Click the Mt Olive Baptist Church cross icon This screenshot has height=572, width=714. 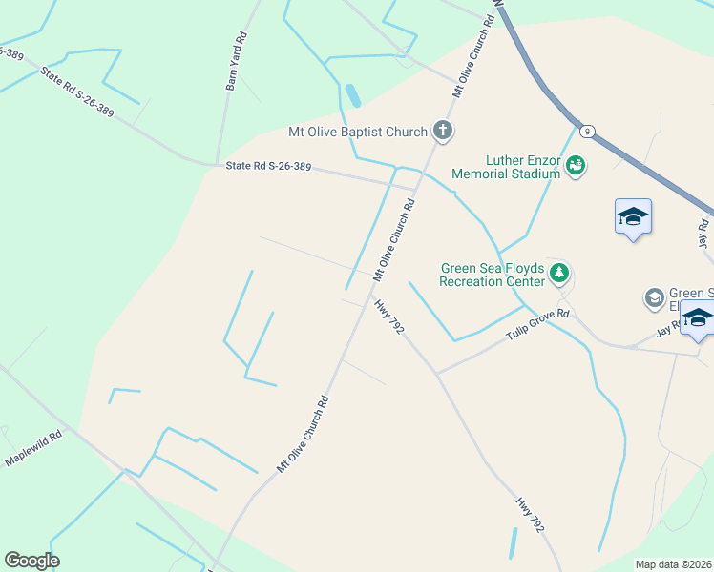click(x=442, y=131)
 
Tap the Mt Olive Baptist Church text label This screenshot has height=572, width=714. click(x=358, y=132)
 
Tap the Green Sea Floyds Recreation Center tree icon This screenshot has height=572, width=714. click(x=559, y=275)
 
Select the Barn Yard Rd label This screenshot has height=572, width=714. click(x=237, y=62)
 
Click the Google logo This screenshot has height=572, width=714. click(x=31, y=561)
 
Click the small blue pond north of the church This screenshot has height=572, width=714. click(x=353, y=95)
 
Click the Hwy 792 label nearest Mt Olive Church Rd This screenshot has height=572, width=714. click(x=389, y=317)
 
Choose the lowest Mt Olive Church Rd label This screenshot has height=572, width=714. click(x=304, y=434)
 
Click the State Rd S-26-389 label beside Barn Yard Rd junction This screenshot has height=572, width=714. click(x=268, y=167)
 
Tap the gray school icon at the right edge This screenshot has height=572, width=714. click(x=655, y=298)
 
